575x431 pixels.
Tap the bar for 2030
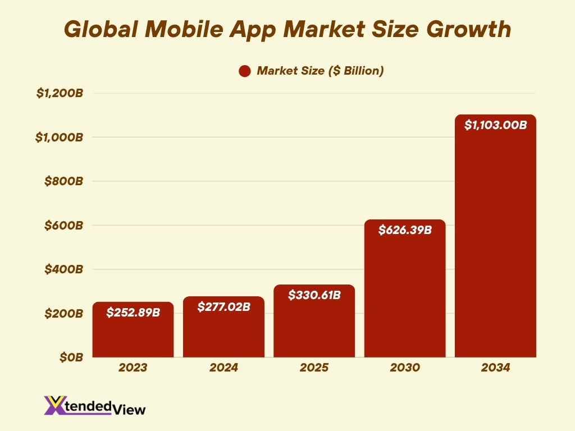tap(405, 292)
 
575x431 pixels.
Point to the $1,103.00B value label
tap(495, 125)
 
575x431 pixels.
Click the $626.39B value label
tap(405, 230)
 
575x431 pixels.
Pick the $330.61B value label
tap(314, 295)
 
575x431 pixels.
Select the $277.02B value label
tap(223, 306)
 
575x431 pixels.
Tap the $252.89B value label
tap(133, 312)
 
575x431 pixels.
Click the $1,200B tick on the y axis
tap(60, 93)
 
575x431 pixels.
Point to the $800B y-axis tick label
tap(63, 181)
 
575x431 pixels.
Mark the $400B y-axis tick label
tap(63, 269)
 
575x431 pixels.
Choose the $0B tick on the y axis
tap(71, 357)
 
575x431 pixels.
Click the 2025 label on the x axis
tap(314, 368)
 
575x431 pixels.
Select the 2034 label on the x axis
tap(495, 368)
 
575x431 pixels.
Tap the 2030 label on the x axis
tap(405, 368)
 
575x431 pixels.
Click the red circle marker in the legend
tap(244, 71)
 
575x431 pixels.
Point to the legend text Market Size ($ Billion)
tap(320, 71)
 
